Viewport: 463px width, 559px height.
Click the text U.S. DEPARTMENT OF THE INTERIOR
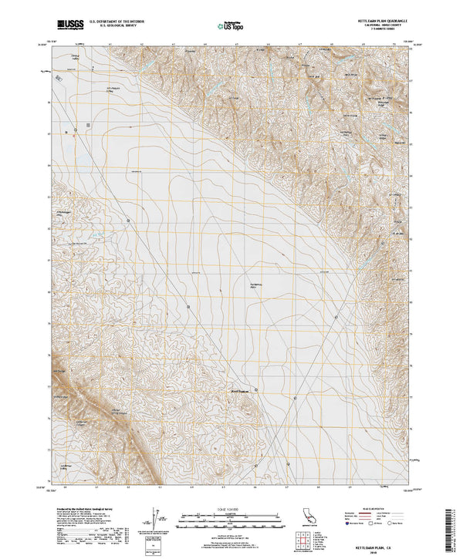click(120, 23)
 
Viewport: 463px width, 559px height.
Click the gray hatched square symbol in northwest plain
click(88, 123)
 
